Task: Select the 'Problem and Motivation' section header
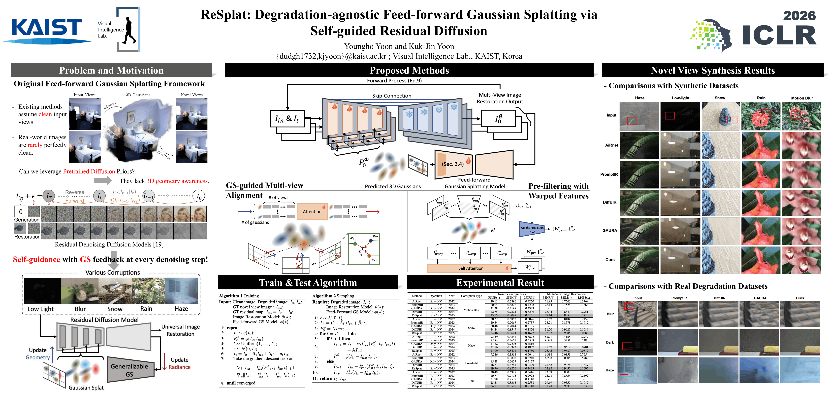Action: point(111,70)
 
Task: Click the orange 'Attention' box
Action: point(312,212)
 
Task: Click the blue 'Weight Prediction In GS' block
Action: point(532,229)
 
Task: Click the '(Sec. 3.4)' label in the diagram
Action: point(452,164)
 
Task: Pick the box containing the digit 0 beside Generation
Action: point(21,212)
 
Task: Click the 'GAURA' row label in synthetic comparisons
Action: point(610,230)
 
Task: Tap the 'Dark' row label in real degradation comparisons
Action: point(610,342)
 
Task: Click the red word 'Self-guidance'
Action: point(36,259)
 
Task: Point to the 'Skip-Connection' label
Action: point(392,96)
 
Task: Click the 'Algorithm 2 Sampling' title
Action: point(333,295)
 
